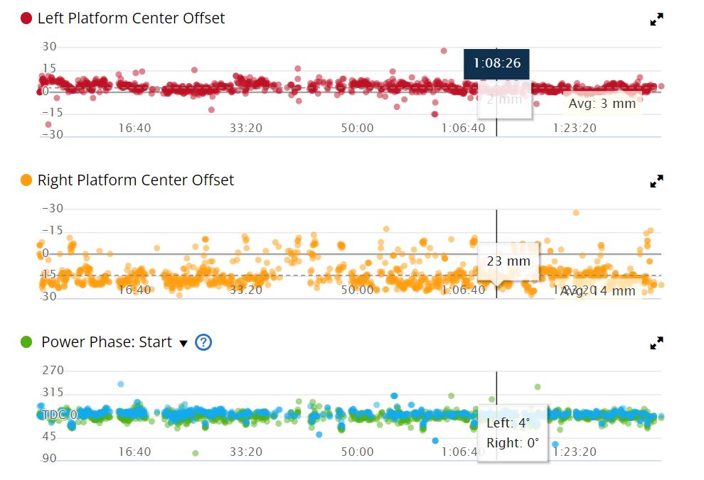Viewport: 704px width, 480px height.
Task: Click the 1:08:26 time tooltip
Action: [x=496, y=64]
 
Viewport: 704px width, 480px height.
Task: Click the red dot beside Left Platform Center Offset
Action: [x=26, y=18]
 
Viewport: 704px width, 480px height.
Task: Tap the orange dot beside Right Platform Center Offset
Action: [x=26, y=180]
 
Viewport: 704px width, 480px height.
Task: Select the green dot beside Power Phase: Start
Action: [x=26, y=342]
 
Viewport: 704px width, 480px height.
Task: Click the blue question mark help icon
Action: [x=203, y=342]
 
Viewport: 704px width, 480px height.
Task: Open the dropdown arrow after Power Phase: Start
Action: [x=183, y=344]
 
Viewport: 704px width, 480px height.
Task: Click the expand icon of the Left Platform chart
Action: [x=656, y=20]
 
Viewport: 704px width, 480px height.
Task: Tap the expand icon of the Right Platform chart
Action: [x=656, y=182]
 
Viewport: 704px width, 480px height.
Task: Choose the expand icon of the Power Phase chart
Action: [x=656, y=344]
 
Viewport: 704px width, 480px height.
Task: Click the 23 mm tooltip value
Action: [x=508, y=261]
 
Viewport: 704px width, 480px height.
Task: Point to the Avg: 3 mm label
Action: [x=602, y=104]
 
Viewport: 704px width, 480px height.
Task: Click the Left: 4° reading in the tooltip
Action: [x=508, y=423]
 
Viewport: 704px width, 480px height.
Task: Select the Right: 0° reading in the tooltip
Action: [x=512, y=443]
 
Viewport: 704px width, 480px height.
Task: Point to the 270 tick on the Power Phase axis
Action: [x=53, y=371]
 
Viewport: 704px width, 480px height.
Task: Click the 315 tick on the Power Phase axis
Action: [x=53, y=393]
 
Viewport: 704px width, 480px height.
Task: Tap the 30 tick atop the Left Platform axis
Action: [x=50, y=47]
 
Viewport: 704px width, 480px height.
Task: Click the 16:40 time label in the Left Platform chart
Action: [x=134, y=128]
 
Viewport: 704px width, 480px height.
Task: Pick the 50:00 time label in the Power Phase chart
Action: [x=357, y=452]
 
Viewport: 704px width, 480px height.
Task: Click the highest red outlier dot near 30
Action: [x=444, y=51]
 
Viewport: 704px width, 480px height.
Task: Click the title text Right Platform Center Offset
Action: [x=135, y=180]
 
